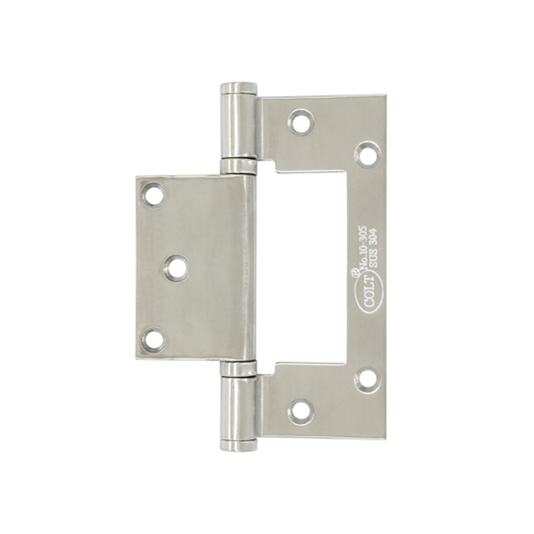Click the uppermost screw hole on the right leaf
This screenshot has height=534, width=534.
point(301,122)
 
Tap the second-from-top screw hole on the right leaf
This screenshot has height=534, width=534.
point(368,154)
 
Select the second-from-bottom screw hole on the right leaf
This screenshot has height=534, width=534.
point(368,379)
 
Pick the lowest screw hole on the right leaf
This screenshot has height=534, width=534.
point(301,412)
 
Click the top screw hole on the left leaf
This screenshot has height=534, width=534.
point(154,195)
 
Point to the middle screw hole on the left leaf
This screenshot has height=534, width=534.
point(177,268)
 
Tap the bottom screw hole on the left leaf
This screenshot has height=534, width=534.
point(154,340)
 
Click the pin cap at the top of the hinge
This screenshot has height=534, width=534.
point(239,88)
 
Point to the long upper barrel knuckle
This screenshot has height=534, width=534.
point(239,126)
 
